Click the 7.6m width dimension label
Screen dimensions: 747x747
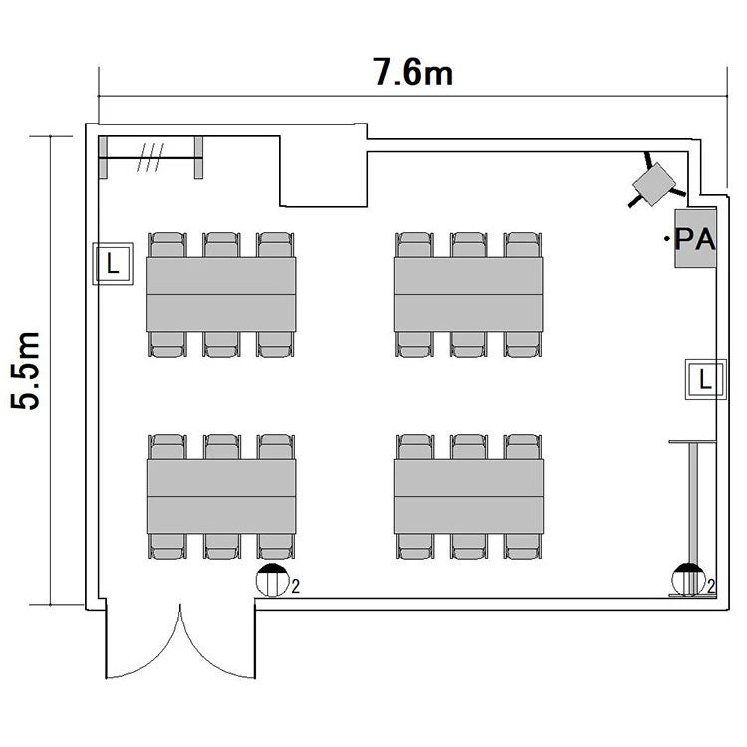[x=413, y=73]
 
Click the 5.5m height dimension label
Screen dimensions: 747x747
[x=25, y=370]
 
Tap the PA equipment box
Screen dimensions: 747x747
[x=695, y=238]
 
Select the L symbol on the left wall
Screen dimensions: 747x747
[x=113, y=264]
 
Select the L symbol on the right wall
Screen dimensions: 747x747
[x=705, y=379]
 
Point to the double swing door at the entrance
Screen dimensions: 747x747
[x=180, y=639]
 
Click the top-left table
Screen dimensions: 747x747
[x=221, y=295]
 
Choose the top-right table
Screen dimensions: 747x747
[x=469, y=295]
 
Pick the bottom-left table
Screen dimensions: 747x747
[x=221, y=496]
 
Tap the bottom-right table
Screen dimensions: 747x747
[x=469, y=496]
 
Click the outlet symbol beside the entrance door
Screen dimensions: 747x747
[x=273, y=580]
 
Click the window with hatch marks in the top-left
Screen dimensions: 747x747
[x=150, y=157]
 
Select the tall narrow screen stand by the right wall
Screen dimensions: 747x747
[x=693, y=518]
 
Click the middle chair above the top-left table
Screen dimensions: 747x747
[x=221, y=245]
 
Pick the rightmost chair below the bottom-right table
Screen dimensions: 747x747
[x=523, y=546]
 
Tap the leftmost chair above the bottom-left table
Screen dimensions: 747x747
[x=167, y=447]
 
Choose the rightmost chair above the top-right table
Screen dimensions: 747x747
[x=523, y=245]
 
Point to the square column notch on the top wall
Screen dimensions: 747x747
[x=323, y=171]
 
